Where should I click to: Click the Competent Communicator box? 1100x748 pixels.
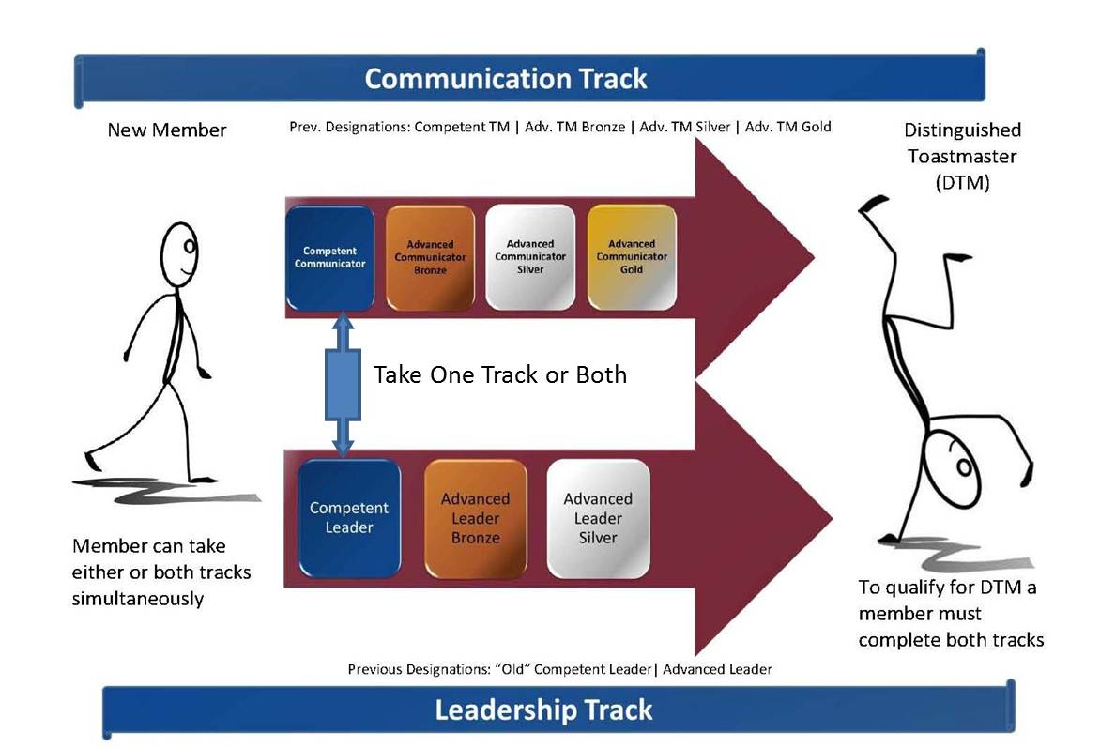(x=328, y=257)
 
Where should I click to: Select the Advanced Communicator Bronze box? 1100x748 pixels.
(x=430, y=257)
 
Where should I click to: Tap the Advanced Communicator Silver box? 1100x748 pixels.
(x=530, y=257)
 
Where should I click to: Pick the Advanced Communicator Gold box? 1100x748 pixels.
(x=632, y=257)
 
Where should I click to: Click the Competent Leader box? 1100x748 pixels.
(x=349, y=518)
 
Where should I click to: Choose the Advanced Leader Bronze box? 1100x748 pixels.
(x=475, y=518)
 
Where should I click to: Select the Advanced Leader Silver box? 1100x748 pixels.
(x=598, y=518)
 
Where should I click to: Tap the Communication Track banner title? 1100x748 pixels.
(x=506, y=78)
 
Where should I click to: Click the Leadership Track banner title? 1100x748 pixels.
(x=543, y=710)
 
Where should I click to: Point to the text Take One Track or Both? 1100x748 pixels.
(x=499, y=374)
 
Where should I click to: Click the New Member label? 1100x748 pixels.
(x=167, y=130)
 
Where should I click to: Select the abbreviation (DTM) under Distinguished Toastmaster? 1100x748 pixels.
(x=962, y=184)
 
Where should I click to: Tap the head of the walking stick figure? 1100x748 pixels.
(x=179, y=250)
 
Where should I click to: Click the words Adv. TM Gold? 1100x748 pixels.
(x=787, y=127)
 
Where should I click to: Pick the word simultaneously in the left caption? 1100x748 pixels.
(x=137, y=598)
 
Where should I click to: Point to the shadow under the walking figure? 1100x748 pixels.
(x=169, y=490)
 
